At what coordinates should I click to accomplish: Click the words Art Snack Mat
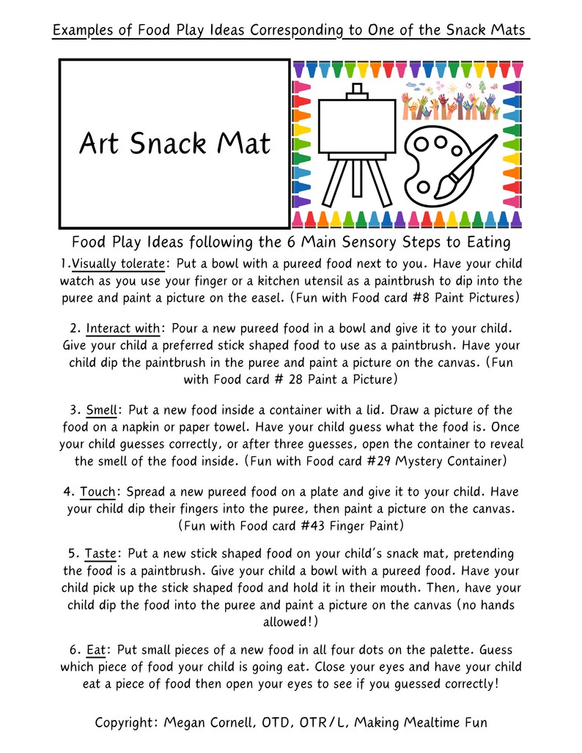point(174,144)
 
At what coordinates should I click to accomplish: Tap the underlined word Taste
point(100,553)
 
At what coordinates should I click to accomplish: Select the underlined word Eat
point(96,650)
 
